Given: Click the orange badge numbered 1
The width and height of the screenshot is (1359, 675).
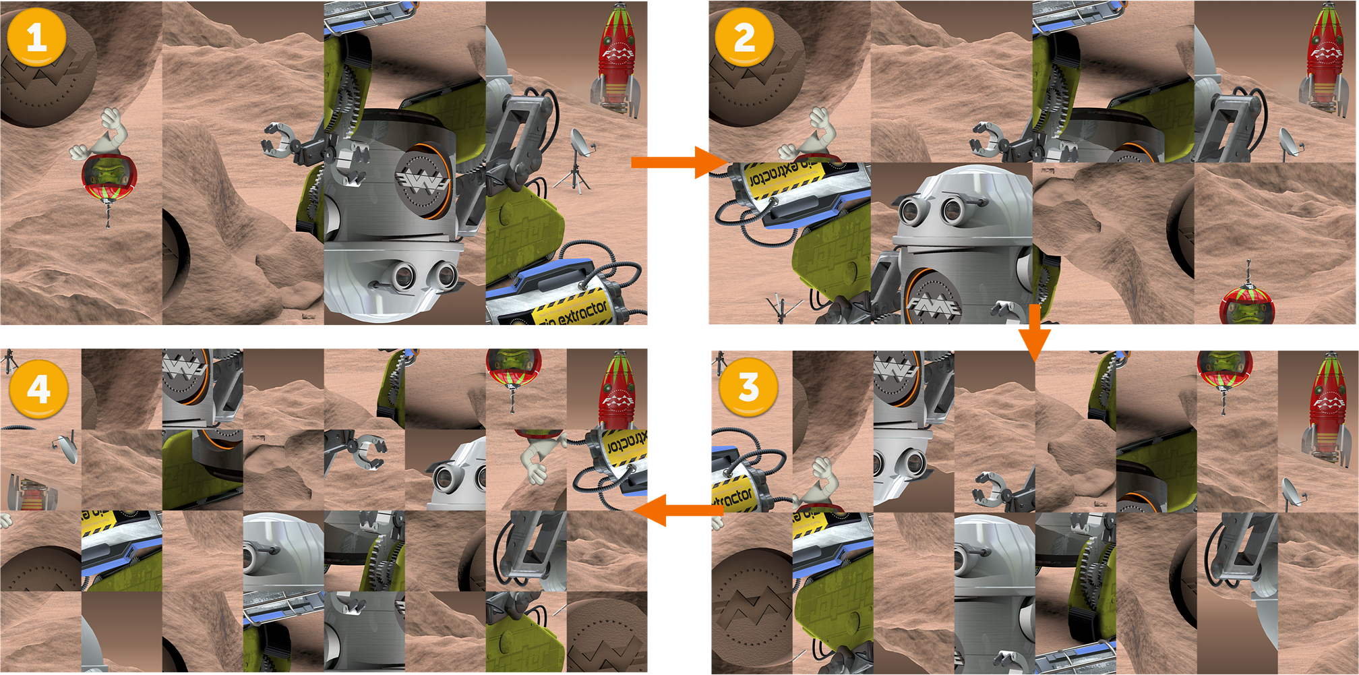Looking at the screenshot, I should click(x=36, y=36).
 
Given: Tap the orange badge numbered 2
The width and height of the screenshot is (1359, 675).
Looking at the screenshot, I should click(x=744, y=36).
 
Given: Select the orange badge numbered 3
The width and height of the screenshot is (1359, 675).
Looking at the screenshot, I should click(x=748, y=387).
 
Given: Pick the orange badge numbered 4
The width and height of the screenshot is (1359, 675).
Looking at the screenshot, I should click(x=38, y=389).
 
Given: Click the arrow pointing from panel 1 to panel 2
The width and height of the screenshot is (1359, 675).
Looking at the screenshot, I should click(x=677, y=163).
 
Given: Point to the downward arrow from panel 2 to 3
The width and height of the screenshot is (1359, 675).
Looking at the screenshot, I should click(x=1035, y=334).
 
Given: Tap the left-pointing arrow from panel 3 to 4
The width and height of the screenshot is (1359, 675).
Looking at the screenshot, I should click(x=677, y=510).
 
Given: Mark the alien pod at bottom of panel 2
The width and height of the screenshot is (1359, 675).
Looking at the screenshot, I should click(x=1247, y=305).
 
